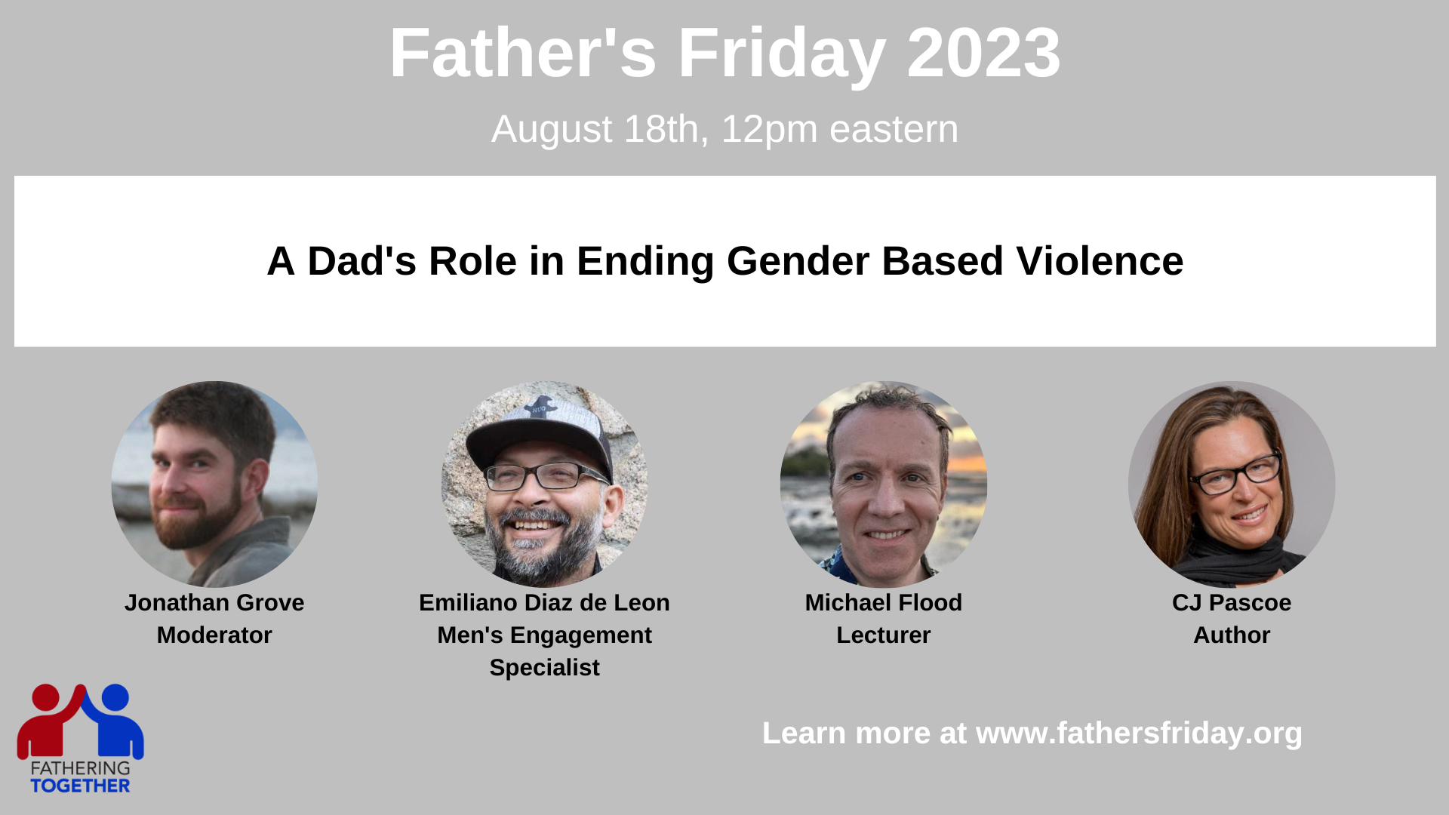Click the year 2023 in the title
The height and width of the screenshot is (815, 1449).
(x=983, y=53)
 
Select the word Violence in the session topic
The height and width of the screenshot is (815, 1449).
(x=1100, y=261)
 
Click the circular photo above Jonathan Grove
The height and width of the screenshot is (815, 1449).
(x=214, y=484)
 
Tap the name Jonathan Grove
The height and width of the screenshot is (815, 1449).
(x=214, y=602)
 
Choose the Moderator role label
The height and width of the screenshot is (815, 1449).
(x=214, y=635)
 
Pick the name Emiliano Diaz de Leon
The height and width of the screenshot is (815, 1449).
(x=544, y=602)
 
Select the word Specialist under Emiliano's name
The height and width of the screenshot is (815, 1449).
(x=544, y=668)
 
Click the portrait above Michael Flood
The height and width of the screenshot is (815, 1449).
(x=883, y=484)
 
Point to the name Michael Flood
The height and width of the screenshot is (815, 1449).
(x=883, y=602)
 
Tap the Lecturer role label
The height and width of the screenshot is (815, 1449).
(x=883, y=635)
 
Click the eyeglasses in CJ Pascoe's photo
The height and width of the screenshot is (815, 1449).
(x=1235, y=473)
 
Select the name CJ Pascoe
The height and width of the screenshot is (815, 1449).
(x=1232, y=602)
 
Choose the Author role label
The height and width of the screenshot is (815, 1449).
(x=1232, y=635)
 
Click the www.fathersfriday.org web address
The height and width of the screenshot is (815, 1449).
(x=1139, y=733)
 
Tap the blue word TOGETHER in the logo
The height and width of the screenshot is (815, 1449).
(x=80, y=786)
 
